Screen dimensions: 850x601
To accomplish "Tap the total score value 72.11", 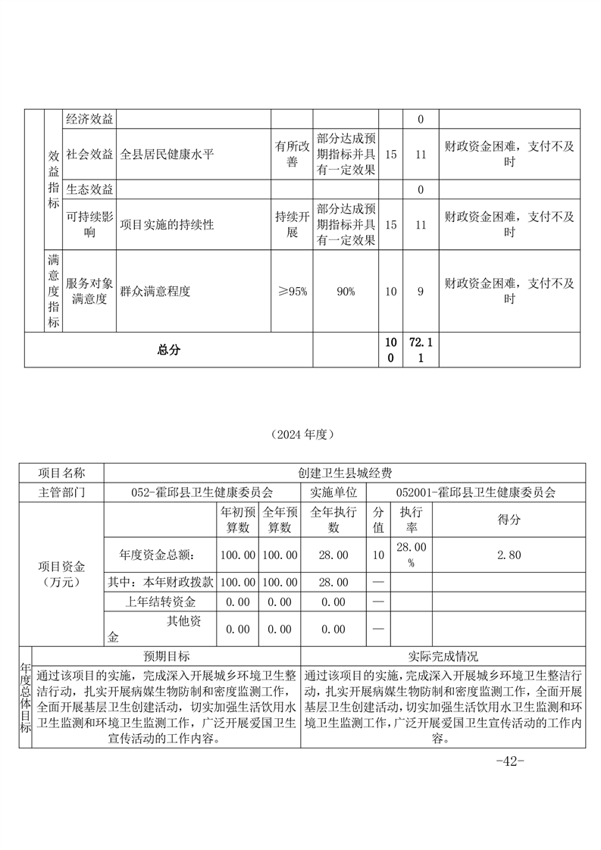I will (421, 349).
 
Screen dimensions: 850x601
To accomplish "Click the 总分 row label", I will (169, 349).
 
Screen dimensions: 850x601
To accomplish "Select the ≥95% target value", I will (292, 292).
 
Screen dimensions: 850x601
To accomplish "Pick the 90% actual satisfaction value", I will (346, 292).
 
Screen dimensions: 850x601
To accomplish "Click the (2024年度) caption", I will (301, 435).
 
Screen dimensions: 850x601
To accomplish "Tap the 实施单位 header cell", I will (333, 492).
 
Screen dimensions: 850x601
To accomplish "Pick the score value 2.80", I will (509, 555).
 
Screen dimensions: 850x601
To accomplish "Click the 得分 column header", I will (509, 520).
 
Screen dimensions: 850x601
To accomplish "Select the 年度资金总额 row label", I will (160, 555).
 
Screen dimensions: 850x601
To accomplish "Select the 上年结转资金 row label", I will (160, 602).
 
